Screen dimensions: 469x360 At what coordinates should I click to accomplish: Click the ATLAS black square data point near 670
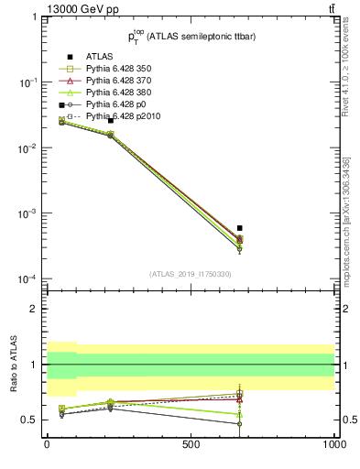pyautogui.click(x=239, y=228)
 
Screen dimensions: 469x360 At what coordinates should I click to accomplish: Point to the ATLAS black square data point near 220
pyautogui.click(x=111, y=120)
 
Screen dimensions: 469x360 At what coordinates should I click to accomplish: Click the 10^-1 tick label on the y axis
pyautogui.click(x=26, y=82)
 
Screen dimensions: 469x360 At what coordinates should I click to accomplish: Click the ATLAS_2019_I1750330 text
pyautogui.click(x=191, y=273)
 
